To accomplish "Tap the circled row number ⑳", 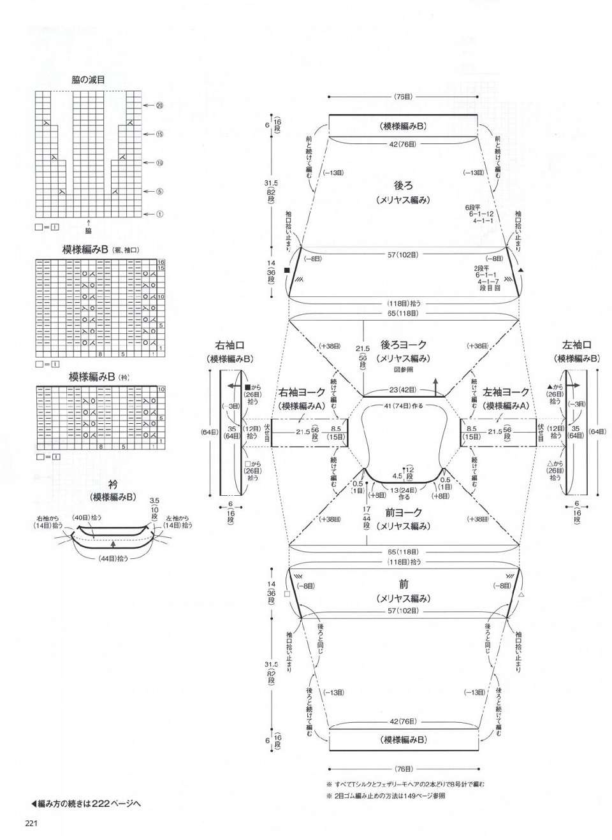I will click(159, 105).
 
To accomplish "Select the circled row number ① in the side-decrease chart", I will click(159, 214).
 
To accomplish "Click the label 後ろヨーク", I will click(404, 345).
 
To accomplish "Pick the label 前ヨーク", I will click(404, 512).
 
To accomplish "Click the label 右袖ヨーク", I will click(302, 393).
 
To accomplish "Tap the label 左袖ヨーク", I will click(506, 393).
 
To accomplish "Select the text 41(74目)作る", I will click(404, 407).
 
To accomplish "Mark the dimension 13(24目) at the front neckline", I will click(404, 489).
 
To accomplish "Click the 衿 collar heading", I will click(112, 486).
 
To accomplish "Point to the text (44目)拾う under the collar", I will click(113, 558).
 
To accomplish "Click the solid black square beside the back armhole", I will click(287, 270).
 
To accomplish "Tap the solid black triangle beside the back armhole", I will click(521, 270).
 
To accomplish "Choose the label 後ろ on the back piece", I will click(404, 185).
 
